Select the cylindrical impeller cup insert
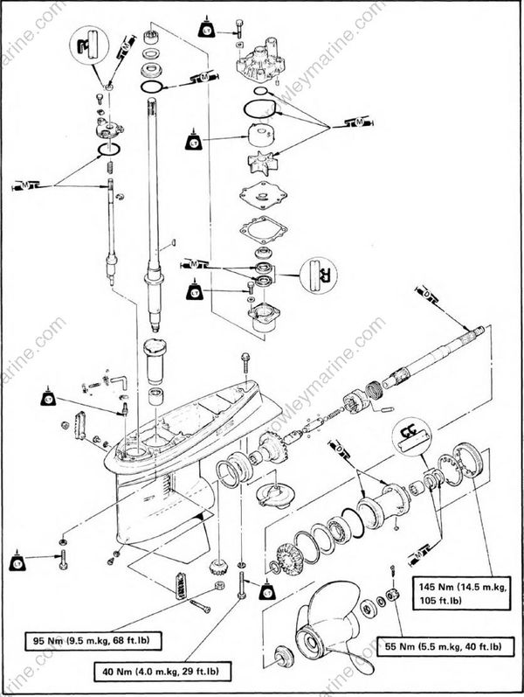point(261,138)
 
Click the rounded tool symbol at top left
point(87,45)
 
